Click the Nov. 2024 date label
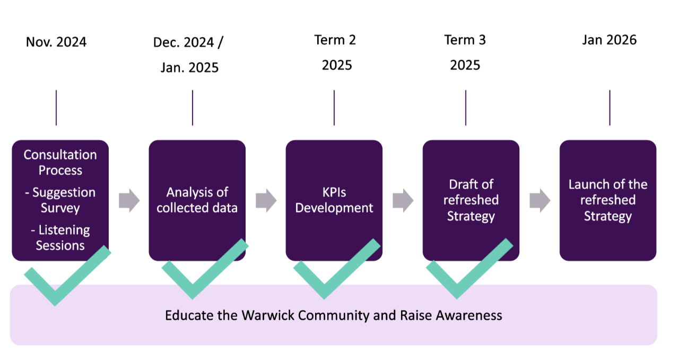(56, 42)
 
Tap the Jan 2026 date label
(609, 40)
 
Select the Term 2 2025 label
(336, 52)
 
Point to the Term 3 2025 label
(465, 52)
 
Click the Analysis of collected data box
(197, 200)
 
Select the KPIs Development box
(334, 200)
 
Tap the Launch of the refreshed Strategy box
(608, 200)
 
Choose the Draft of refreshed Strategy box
(471, 200)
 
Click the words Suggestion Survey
(60, 200)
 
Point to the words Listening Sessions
(60, 238)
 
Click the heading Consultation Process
(60, 162)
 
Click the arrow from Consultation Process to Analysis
(129, 201)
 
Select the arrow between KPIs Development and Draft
(403, 201)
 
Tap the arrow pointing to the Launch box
(540, 201)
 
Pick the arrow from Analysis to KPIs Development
(266, 201)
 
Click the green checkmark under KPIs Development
(325, 286)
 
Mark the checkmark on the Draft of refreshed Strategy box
(457, 286)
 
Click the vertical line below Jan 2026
(610, 108)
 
